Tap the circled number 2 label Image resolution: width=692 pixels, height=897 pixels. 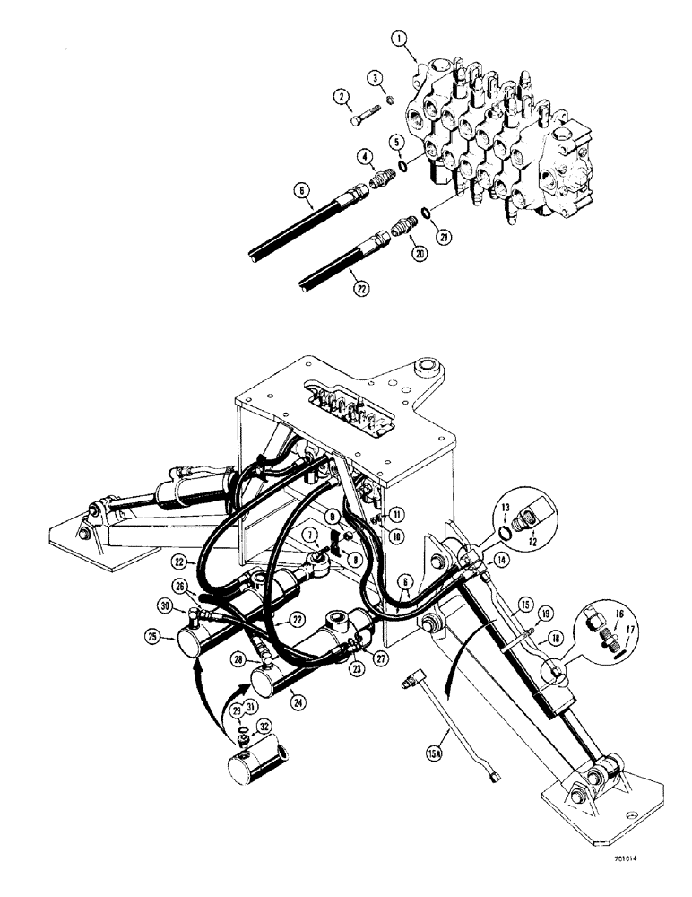tap(342, 96)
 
